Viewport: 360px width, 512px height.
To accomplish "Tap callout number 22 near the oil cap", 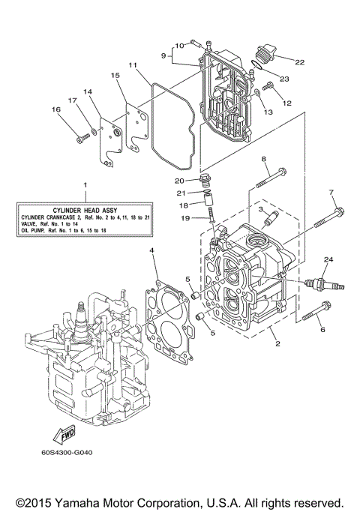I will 300,61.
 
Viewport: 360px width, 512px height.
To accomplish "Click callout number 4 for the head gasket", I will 151,250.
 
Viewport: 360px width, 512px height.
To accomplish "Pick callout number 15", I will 115,76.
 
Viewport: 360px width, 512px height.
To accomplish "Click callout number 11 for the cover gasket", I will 131,66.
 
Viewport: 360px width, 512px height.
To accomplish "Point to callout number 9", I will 163,55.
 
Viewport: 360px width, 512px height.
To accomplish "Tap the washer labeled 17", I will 92,133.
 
